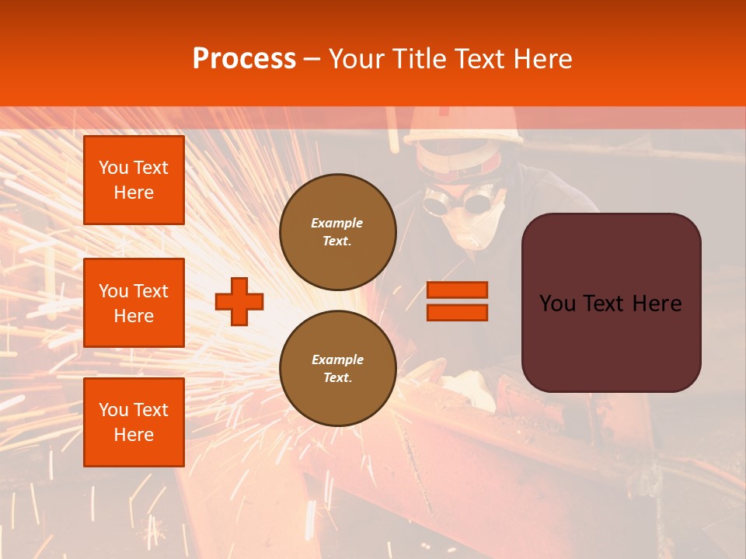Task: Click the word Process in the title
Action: [244, 59]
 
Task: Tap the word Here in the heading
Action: [542, 59]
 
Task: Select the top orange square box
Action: [134, 180]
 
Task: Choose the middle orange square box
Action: [134, 303]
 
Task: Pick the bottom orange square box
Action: [134, 422]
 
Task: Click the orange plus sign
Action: [239, 301]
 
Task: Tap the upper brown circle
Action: [338, 231]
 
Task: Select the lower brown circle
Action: [338, 369]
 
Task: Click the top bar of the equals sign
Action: [458, 290]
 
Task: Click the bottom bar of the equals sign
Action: [458, 313]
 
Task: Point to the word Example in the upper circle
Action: [337, 223]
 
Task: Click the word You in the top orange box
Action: [114, 168]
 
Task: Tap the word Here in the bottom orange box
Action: [134, 435]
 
